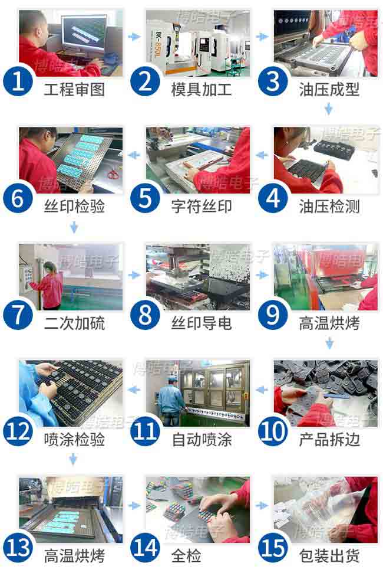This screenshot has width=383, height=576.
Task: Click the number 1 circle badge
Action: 18,81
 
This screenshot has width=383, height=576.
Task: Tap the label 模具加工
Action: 201,90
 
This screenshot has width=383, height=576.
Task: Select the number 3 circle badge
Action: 273,81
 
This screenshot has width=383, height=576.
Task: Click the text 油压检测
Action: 329,206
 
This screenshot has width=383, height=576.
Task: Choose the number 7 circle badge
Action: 18,315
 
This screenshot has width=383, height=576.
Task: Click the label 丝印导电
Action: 201,323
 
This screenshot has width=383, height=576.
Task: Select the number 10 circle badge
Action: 273,431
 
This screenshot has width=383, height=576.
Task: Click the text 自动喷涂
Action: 201,440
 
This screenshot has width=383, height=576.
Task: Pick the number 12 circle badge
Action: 18,431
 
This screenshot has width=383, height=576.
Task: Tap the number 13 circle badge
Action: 18,548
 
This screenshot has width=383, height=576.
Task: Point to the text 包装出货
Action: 329,556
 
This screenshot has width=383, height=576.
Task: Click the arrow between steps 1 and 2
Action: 134,37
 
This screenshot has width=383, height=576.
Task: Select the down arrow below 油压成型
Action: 329,109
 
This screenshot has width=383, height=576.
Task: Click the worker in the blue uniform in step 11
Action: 170,398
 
